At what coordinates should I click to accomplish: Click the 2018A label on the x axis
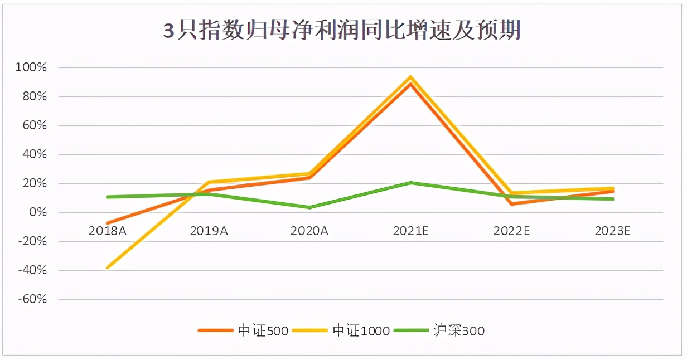[x=107, y=230]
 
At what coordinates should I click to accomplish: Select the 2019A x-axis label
[x=209, y=230]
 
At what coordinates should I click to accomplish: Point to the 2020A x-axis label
[x=309, y=230]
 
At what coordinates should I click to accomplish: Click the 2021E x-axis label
[x=410, y=230]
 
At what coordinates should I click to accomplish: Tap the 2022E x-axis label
[x=511, y=230]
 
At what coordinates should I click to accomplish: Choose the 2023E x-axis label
[x=612, y=230]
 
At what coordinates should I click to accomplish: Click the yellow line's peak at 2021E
[x=411, y=77]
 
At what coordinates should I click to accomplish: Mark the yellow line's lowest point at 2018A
[x=107, y=267]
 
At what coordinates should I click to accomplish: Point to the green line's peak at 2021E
[x=411, y=182]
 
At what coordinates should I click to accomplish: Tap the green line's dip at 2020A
[x=309, y=207]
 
